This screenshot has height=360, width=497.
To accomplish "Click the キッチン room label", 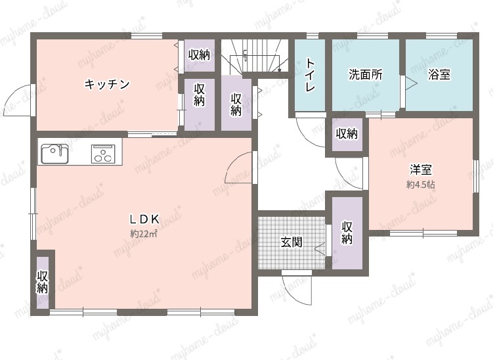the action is coord(107,84).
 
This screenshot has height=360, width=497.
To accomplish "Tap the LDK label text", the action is coord(144,219).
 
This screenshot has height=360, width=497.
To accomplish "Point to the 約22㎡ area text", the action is coord(144,234).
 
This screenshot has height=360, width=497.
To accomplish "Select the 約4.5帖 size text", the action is coord(421,185).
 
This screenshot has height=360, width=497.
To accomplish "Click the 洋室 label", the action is coord(421,169).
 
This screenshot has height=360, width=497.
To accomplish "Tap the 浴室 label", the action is coord(439,74).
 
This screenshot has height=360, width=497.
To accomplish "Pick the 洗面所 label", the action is coord(366,74).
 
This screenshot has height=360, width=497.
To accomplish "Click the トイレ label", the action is coord(310,75).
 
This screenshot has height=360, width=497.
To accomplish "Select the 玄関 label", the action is coord(292,242).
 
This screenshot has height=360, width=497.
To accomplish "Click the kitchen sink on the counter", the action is coord(54,154).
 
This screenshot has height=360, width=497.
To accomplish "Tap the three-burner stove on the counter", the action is coord(103,154).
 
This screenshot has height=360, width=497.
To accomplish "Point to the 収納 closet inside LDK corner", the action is coord(43,282).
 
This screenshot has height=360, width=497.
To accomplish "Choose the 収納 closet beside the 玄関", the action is coord(347,233).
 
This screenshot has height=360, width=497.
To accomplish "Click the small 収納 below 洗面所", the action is coord(347,133).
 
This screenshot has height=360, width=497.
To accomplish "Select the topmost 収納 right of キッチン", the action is coord(199,55).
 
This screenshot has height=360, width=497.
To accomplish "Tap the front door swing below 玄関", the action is coord(297,289).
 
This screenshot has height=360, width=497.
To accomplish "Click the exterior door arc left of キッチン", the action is coord(18,100).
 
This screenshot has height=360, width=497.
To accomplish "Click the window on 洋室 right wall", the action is coord(476,176).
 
